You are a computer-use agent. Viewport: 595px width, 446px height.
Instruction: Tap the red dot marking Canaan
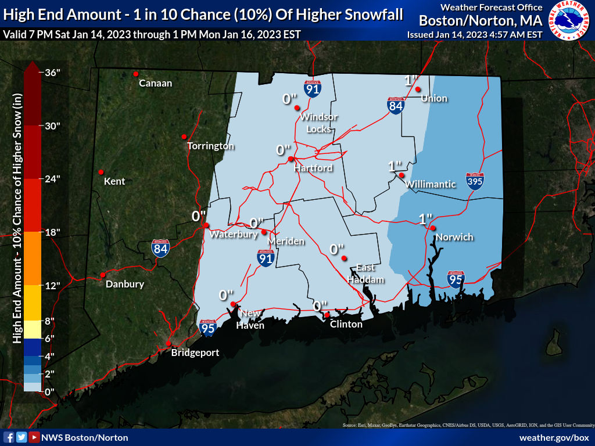pyautogui.click(x=135, y=74)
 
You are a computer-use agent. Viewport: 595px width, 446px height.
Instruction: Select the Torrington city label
pyautogui.click(x=210, y=146)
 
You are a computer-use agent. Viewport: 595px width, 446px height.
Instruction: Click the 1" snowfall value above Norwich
pyautogui.click(x=426, y=219)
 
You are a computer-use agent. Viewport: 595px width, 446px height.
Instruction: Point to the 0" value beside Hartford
pyautogui.click(x=283, y=150)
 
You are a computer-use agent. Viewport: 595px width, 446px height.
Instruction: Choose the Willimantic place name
pyautogui.click(x=431, y=184)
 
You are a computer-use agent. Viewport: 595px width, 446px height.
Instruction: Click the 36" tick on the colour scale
pyautogui.click(x=52, y=73)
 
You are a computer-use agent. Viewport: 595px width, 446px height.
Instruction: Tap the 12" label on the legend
pyautogui.click(x=53, y=285)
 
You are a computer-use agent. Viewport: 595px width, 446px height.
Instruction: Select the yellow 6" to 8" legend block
pyautogui.click(x=33, y=330)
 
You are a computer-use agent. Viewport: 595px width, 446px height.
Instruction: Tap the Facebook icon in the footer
pyautogui.click(x=9, y=437)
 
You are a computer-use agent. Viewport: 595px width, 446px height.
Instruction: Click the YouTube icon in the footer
pyautogui.click(x=34, y=437)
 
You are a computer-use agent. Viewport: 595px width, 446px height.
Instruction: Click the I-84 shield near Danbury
pyautogui.click(x=161, y=249)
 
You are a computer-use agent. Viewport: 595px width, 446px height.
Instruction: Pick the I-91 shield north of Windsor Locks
pyautogui.click(x=312, y=88)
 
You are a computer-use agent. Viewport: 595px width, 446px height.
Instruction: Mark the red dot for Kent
pyautogui.click(x=101, y=172)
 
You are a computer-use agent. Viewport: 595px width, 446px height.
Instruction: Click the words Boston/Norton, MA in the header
pyautogui.click(x=481, y=20)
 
